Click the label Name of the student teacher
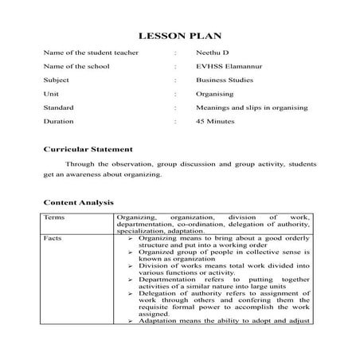(92, 53)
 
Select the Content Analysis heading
(79, 203)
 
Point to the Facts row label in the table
(55, 237)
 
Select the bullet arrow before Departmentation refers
(131, 280)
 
